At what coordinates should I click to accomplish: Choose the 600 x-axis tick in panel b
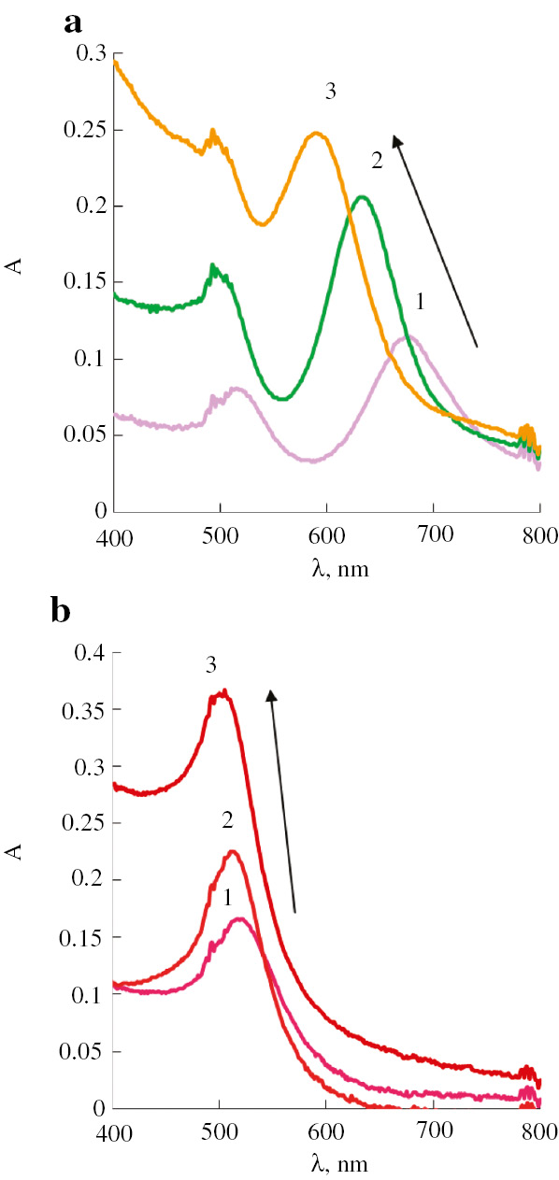click(x=326, y=1130)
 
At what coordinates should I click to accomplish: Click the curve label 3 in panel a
click(x=330, y=92)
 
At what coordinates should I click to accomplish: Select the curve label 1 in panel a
click(x=420, y=302)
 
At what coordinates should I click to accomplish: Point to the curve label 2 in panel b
click(x=227, y=820)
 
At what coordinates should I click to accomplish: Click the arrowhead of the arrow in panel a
click(x=396, y=140)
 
